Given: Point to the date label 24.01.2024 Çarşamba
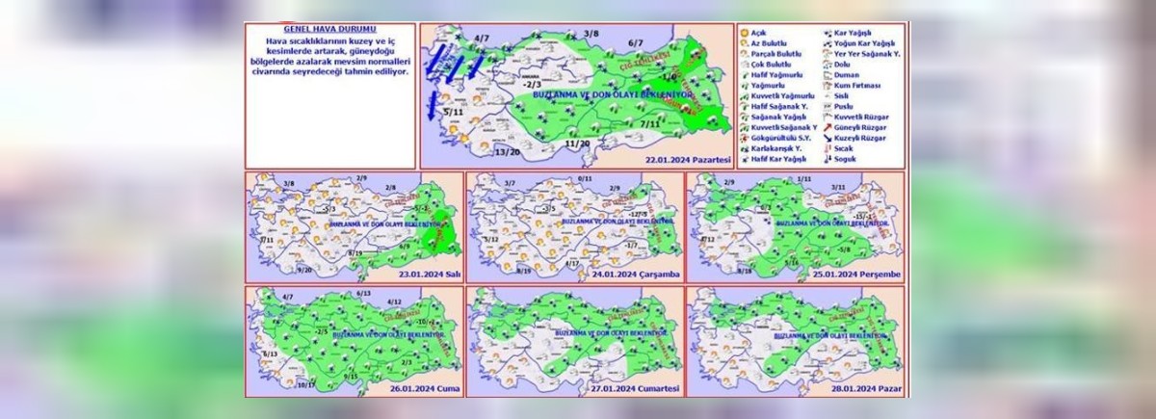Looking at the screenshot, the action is (641, 274).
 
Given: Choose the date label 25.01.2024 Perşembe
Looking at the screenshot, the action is (860, 274).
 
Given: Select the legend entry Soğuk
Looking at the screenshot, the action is (845, 159).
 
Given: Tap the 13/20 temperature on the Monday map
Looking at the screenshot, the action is (507, 152).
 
